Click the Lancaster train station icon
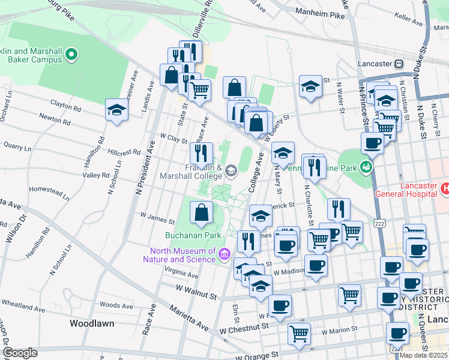point(399,64)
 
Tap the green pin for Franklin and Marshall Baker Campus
point(71,56)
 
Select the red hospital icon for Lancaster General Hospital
point(445,188)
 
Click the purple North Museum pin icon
point(224,254)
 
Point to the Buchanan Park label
point(193,235)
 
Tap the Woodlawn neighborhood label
point(91,323)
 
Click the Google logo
point(20,352)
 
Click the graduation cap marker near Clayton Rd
point(116,110)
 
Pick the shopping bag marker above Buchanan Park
point(202,211)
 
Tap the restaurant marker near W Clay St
point(202,153)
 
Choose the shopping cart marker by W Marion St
point(298,333)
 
